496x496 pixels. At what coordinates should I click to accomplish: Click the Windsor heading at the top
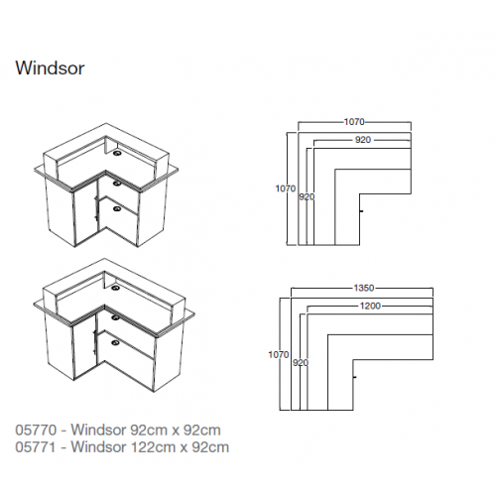(x=50, y=68)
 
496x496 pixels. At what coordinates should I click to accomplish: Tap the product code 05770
(x=36, y=431)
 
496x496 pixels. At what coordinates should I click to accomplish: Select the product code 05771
(x=36, y=447)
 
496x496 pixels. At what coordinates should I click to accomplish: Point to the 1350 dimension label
(x=364, y=288)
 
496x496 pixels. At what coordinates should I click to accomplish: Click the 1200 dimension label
(x=370, y=306)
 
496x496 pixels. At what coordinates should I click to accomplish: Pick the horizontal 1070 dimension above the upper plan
(x=354, y=122)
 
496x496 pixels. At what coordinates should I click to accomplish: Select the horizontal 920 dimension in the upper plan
(x=363, y=140)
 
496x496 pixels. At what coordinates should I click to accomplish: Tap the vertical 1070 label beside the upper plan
(x=286, y=188)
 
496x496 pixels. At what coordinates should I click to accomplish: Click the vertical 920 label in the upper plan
(x=307, y=197)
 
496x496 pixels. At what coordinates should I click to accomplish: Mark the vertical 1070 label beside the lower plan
(x=279, y=355)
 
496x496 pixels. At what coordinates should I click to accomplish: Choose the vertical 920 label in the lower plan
(x=301, y=363)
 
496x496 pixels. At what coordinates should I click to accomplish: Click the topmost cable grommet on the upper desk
(x=117, y=153)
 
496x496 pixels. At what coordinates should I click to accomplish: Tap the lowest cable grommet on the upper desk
(x=117, y=208)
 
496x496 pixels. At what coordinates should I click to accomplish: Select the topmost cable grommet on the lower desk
(x=115, y=288)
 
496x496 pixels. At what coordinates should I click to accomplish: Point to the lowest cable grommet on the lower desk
(x=116, y=342)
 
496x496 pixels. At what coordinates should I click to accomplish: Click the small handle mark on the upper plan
(x=362, y=211)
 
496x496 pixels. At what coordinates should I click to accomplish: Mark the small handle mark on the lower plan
(x=355, y=377)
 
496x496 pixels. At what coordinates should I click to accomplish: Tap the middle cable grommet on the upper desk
(x=117, y=183)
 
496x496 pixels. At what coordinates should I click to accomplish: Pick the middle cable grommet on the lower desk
(x=115, y=317)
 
